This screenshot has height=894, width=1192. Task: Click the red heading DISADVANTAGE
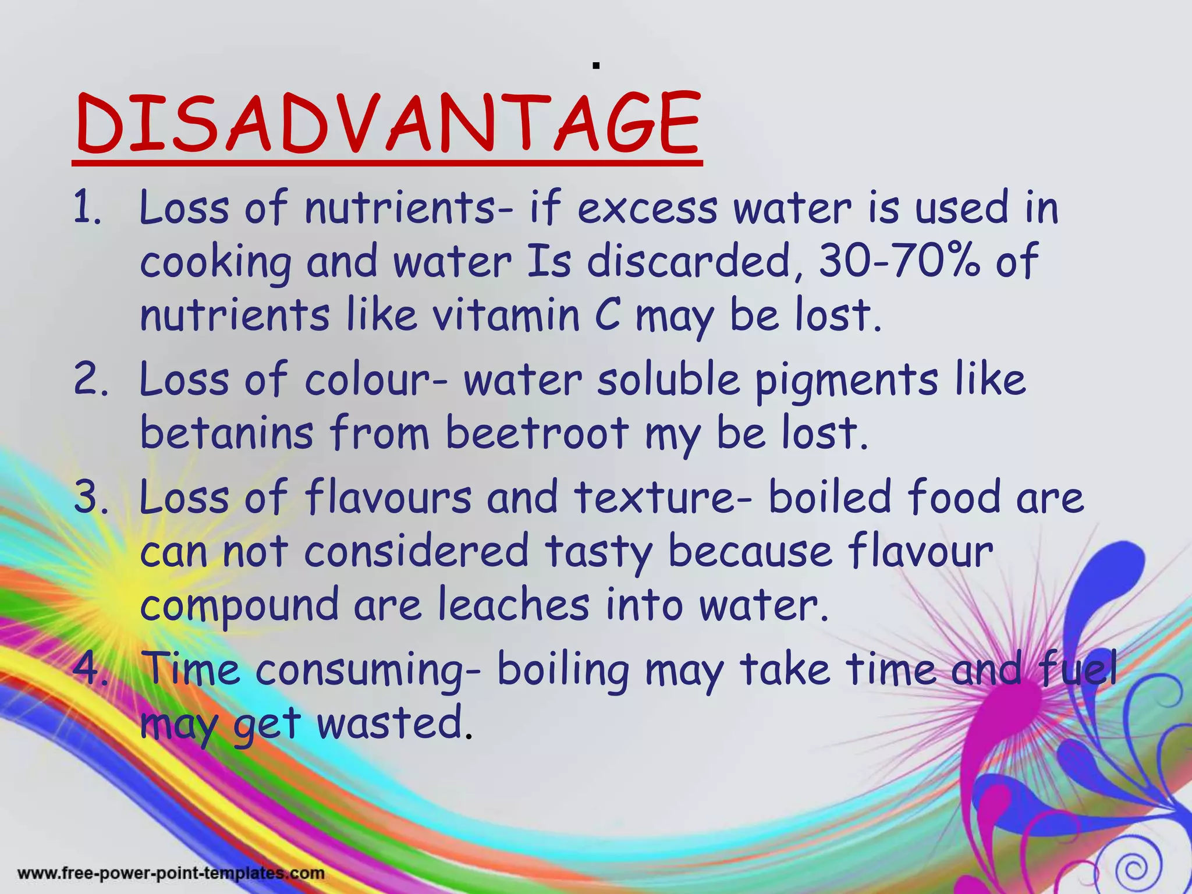[x=388, y=125]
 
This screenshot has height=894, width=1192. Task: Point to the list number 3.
[x=91, y=498]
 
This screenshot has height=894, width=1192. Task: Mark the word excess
[x=646, y=208]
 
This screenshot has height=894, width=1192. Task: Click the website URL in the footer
[x=171, y=874]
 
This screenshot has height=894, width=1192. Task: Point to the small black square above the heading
[x=596, y=66]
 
